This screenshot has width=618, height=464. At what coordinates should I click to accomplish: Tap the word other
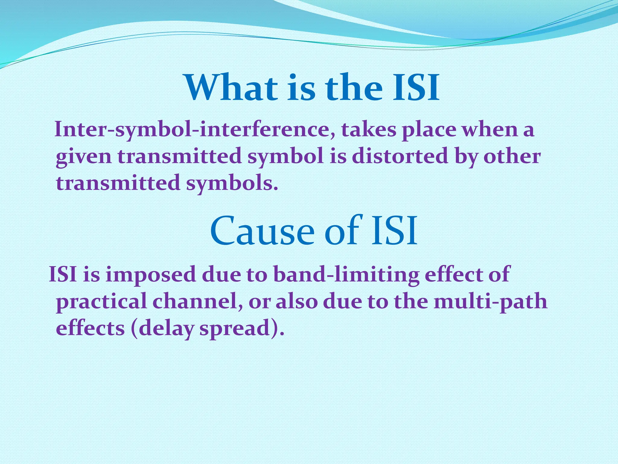(x=512, y=156)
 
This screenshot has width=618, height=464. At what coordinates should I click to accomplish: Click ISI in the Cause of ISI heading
(x=394, y=231)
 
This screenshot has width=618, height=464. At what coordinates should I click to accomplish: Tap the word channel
(x=198, y=301)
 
